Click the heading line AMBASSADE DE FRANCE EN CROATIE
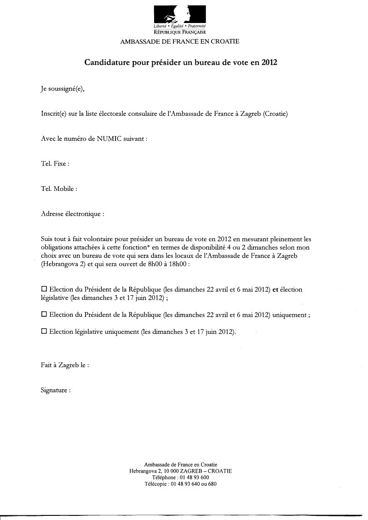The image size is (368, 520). click(x=180, y=41)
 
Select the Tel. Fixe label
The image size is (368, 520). click(x=55, y=164)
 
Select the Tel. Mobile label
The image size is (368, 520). click(x=59, y=189)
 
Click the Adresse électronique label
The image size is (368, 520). click(x=72, y=214)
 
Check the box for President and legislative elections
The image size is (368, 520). click(x=44, y=290)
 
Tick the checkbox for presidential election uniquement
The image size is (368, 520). click(x=44, y=315)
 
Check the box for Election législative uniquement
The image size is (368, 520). click(x=44, y=331)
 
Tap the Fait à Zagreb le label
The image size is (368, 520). click(x=65, y=366)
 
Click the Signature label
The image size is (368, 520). click(x=56, y=390)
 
